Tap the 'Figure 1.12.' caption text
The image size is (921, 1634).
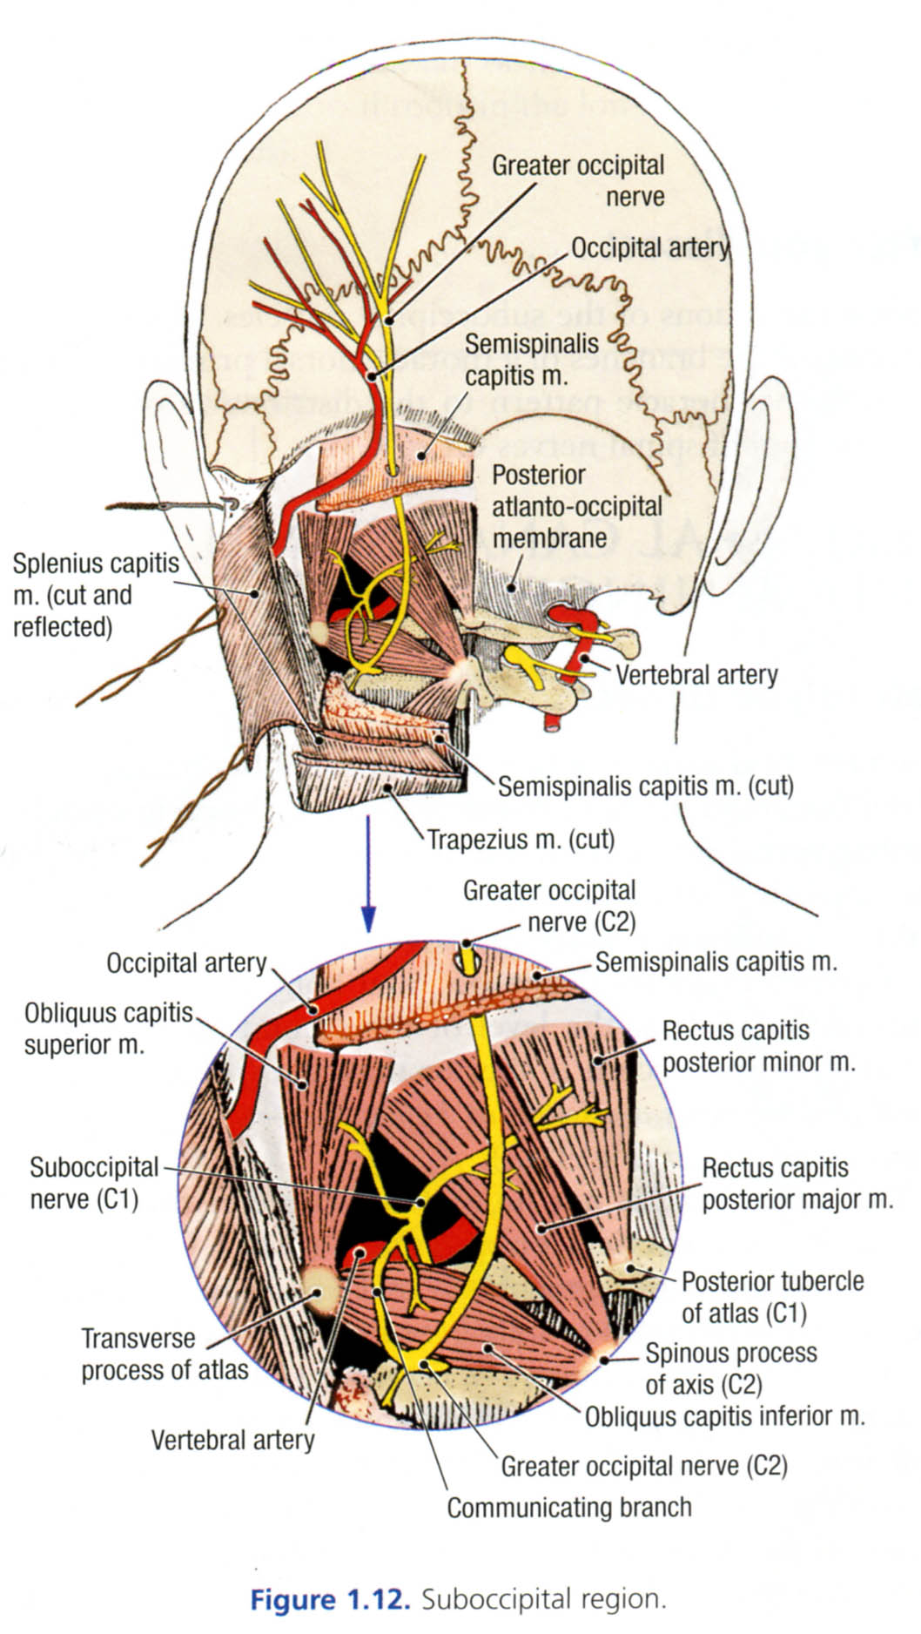[330, 1599]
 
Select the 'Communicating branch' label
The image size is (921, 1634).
[569, 1507]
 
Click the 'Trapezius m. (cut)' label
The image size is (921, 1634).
[521, 840]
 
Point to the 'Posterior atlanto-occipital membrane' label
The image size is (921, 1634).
[577, 506]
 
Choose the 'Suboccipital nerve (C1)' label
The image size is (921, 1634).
[94, 1183]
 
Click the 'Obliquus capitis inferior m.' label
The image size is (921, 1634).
[724, 1416]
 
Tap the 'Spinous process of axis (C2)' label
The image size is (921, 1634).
[730, 1368]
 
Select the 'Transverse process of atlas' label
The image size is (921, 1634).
[165, 1354]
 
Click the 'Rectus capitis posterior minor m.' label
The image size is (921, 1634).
[758, 1046]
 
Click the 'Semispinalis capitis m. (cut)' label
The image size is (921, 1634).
[645, 786]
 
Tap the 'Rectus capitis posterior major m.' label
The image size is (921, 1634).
[797, 1183]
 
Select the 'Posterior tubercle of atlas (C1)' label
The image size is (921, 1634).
[772, 1297]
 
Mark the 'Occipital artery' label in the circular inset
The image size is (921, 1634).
[186, 962]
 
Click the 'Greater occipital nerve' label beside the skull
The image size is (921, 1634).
[578, 180]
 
